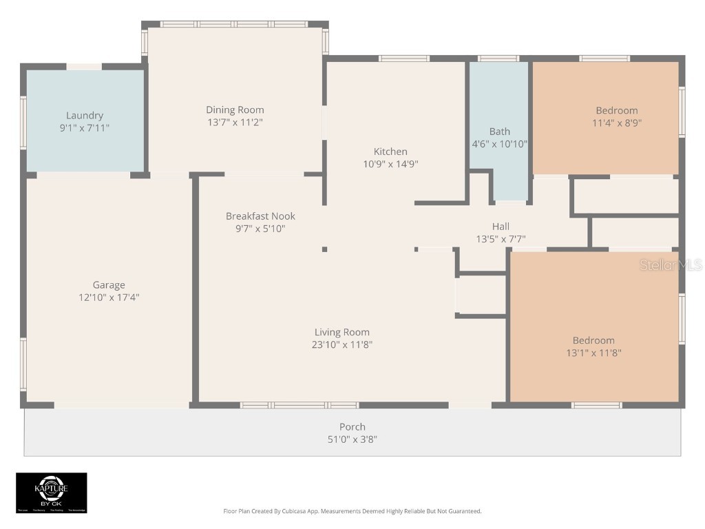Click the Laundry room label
85,116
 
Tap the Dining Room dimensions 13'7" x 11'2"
235,122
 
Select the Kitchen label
390,152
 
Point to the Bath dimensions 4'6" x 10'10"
500,144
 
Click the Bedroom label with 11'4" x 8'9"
616,110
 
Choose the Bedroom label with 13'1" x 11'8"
593,340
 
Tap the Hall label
501,227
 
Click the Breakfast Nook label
260,216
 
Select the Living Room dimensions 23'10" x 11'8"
342,344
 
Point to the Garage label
109,285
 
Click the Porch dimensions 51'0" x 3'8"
352,439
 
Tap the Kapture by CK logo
52,492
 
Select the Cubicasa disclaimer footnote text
352,511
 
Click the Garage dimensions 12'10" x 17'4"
109,298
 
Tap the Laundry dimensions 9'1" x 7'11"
85,128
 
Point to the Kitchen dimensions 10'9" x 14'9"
390,164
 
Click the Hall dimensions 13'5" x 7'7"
501,239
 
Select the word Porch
352,426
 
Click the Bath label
500,132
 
